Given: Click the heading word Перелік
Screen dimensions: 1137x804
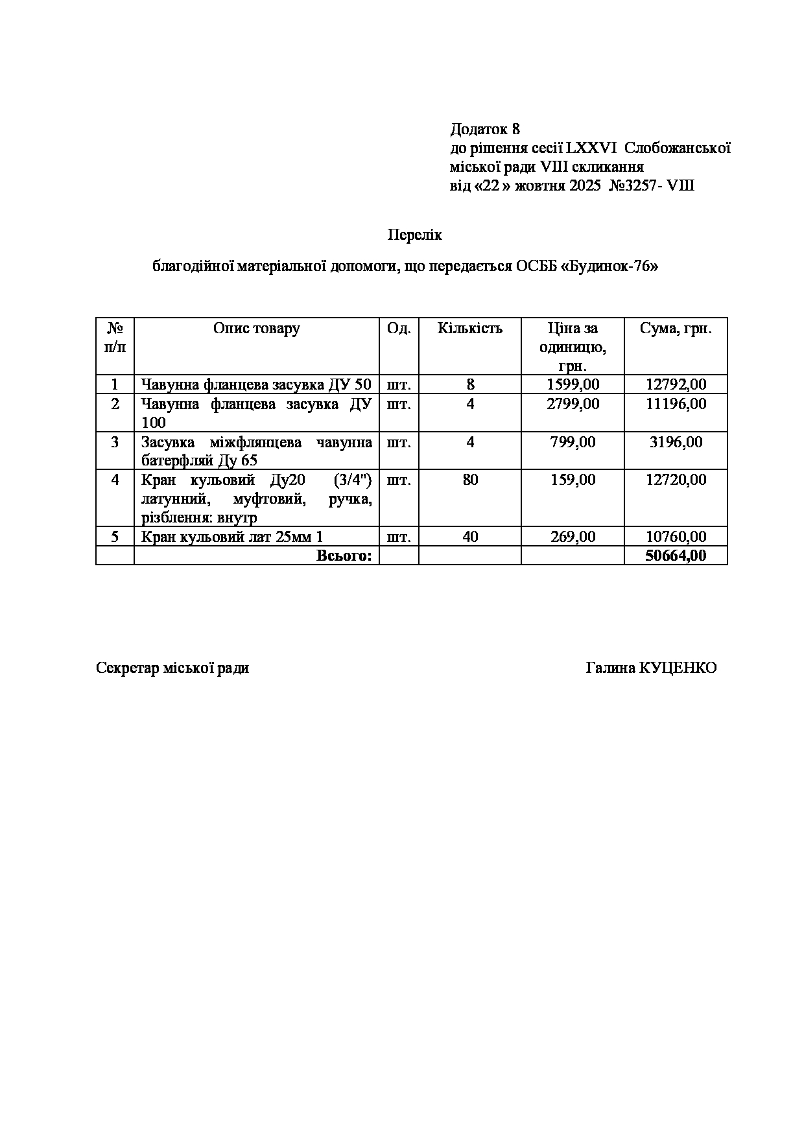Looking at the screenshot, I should [x=414, y=235].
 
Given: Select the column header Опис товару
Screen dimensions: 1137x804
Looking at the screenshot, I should [x=256, y=328].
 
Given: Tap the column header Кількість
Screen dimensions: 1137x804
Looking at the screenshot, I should [x=469, y=328].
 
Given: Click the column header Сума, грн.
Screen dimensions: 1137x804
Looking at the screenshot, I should [x=676, y=328].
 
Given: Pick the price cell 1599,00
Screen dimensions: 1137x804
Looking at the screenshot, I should [x=573, y=384].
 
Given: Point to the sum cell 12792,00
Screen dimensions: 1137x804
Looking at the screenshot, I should [x=676, y=384].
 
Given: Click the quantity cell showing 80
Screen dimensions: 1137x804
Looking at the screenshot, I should [x=470, y=480].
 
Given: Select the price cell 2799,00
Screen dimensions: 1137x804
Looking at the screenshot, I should [x=573, y=404].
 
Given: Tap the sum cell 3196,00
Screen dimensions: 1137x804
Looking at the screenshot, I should [x=676, y=442].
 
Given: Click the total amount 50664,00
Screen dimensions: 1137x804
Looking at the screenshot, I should [x=676, y=556].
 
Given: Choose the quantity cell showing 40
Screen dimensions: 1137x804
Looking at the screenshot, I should [x=470, y=537].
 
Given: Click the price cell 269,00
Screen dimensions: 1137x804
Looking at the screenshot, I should [x=573, y=537].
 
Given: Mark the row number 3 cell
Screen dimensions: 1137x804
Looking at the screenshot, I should [x=115, y=442].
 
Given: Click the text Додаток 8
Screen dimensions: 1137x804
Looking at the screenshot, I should [x=484, y=129].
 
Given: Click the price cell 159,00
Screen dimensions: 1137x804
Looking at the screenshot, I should [x=573, y=480].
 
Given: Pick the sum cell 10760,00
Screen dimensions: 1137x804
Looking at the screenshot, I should [x=676, y=537].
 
